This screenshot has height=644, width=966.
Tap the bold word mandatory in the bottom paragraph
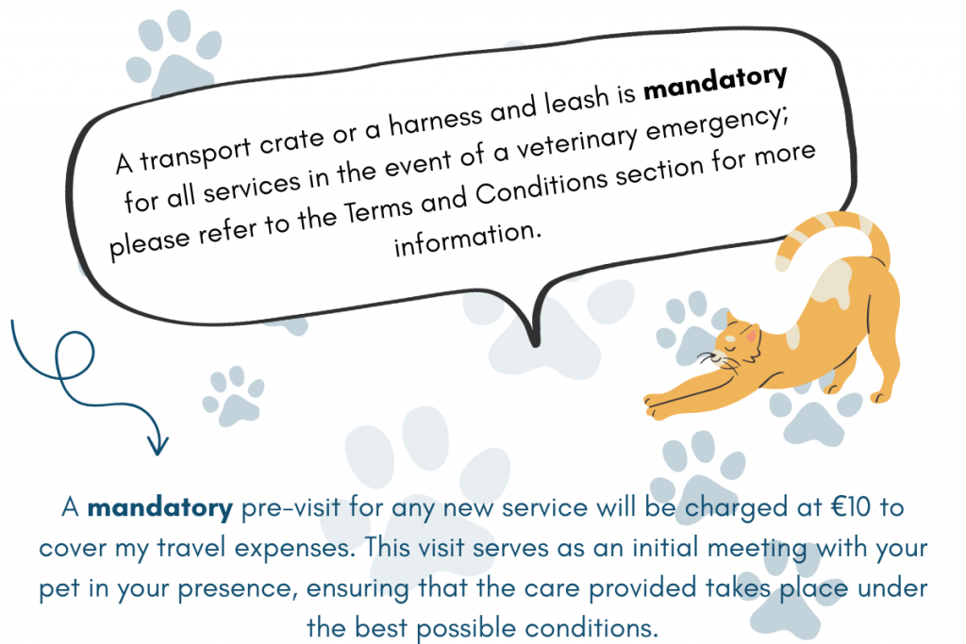pos(160,508)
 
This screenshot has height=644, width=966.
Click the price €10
pos(850,507)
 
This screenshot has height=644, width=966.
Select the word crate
pos(291,142)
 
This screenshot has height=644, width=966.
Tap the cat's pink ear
pos(751,337)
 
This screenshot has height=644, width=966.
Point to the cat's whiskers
pos(716,361)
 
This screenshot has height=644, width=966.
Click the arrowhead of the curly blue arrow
pos(158,444)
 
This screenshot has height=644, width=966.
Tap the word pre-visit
pos(291,508)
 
